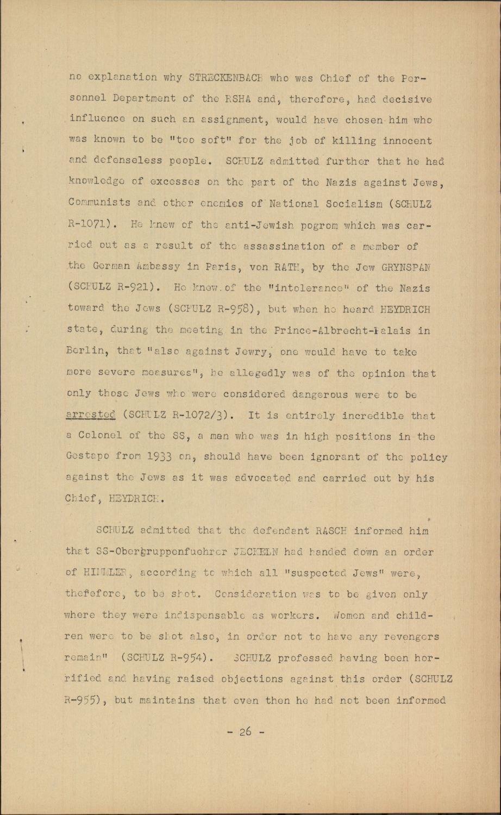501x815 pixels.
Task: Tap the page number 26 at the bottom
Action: coord(246,731)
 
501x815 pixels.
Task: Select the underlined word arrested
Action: coord(90,416)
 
